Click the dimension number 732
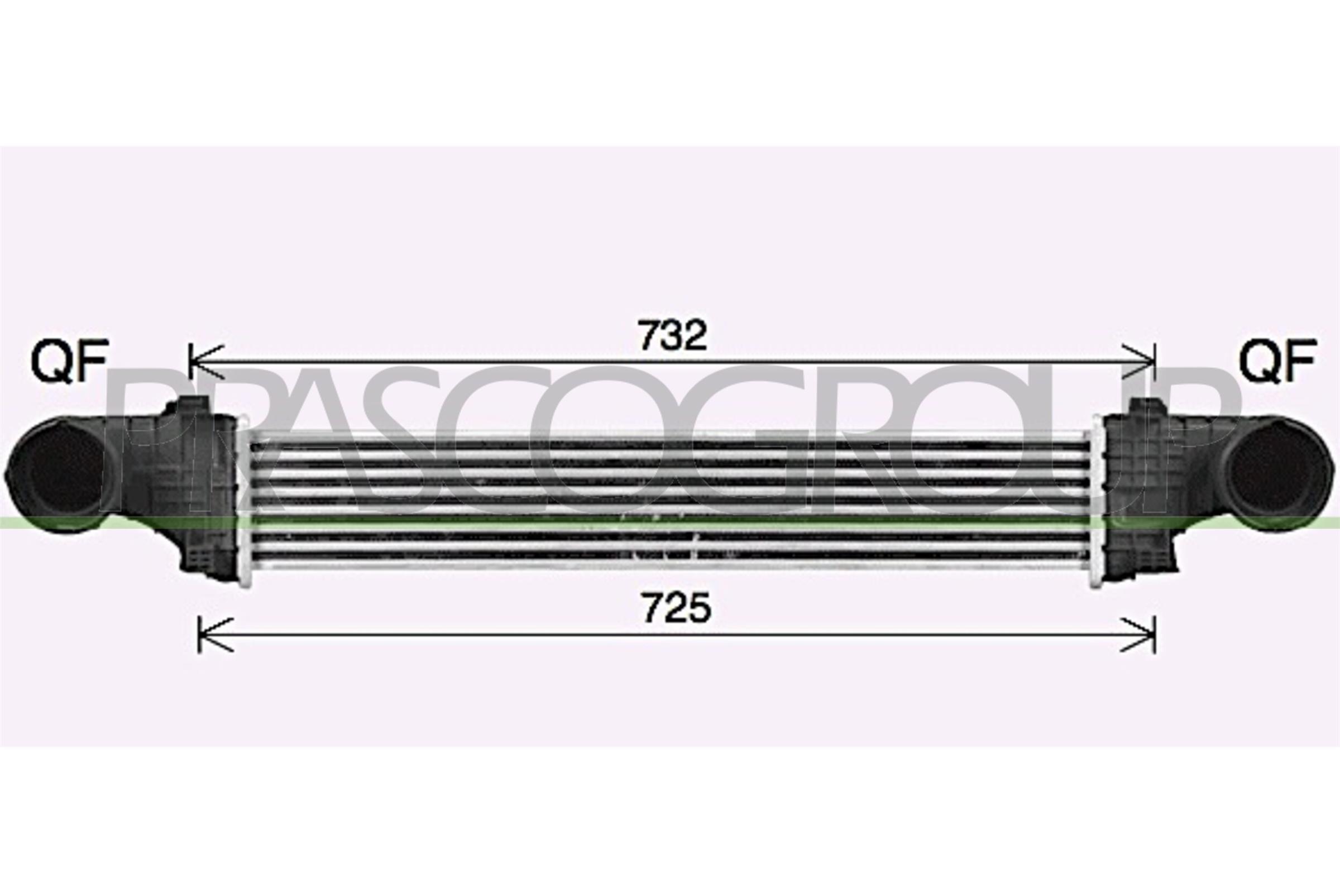click(672, 336)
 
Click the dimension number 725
click(676, 608)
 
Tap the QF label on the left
click(69, 361)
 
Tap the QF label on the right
click(1277, 361)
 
